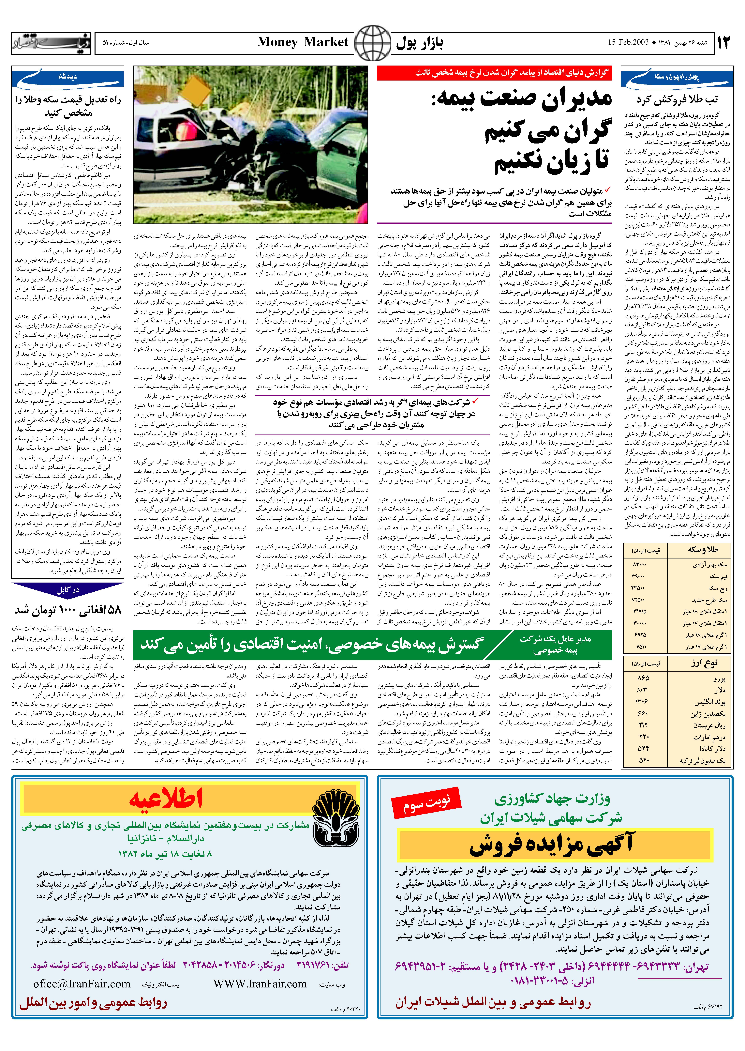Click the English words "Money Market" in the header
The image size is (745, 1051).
coord(303,42)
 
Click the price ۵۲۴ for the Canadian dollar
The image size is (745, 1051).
coord(643,748)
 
